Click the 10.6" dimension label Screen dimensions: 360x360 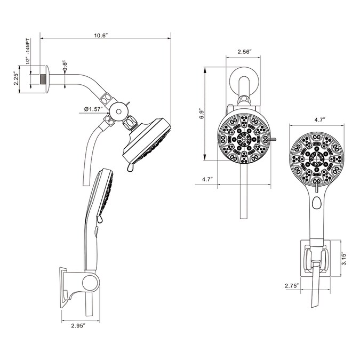click(x=101, y=35)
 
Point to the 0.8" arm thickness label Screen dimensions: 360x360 click(x=65, y=66)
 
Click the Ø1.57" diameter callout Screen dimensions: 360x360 click(x=93, y=110)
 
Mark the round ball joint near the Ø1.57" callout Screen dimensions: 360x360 click(x=118, y=110)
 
